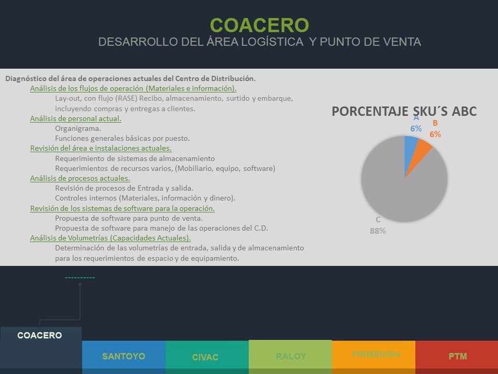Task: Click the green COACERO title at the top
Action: (259, 25)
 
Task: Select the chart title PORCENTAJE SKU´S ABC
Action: (404, 111)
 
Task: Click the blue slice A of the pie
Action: (410, 150)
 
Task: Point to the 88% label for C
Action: (378, 231)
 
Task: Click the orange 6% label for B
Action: (435, 134)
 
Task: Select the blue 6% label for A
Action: (416, 128)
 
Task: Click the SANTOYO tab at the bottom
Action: (123, 356)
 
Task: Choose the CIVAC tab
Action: (205, 357)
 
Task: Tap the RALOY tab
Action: (290, 356)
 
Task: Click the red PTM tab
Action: (458, 356)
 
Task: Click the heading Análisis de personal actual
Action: (76, 118)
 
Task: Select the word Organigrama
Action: (78, 128)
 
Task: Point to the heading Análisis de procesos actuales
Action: (80, 178)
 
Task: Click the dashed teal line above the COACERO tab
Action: (80, 277)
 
